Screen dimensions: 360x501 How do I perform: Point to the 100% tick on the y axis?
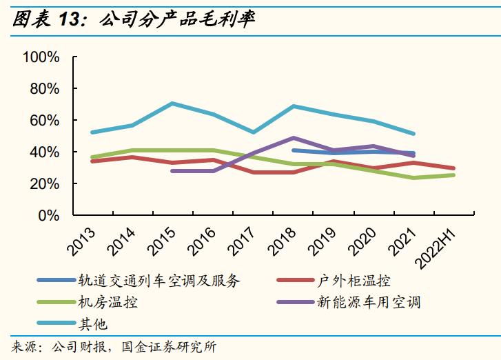41,57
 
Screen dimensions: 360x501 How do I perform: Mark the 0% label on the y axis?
49,216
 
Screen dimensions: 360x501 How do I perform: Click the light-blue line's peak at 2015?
172,103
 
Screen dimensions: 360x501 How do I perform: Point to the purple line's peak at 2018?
294,138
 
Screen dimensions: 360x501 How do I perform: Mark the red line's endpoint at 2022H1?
453,168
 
